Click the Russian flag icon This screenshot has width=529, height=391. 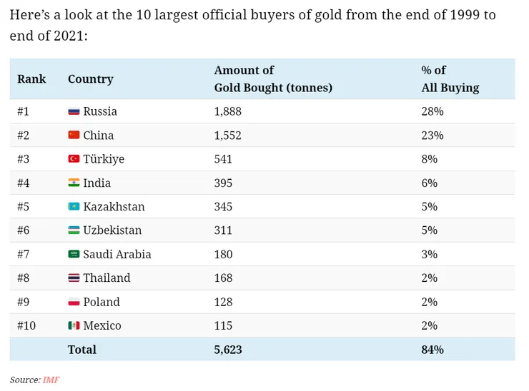(74, 111)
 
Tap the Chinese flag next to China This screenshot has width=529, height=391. (74, 135)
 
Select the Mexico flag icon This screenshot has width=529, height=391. (74, 325)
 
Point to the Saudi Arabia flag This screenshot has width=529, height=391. (74, 254)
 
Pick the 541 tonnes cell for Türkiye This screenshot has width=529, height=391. (223, 159)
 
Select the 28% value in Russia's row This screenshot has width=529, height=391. (432, 111)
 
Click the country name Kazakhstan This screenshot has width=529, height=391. (114, 206)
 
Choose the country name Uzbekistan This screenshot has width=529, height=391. (112, 230)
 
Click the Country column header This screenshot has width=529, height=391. (91, 78)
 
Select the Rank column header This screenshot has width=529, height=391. (31, 78)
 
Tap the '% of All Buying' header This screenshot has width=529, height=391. (450, 79)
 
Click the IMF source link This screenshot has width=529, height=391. (51, 380)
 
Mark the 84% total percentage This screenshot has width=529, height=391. (432, 350)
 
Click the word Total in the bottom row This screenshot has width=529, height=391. (82, 350)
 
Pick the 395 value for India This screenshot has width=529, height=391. (223, 183)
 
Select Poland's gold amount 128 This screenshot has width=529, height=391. (223, 302)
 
